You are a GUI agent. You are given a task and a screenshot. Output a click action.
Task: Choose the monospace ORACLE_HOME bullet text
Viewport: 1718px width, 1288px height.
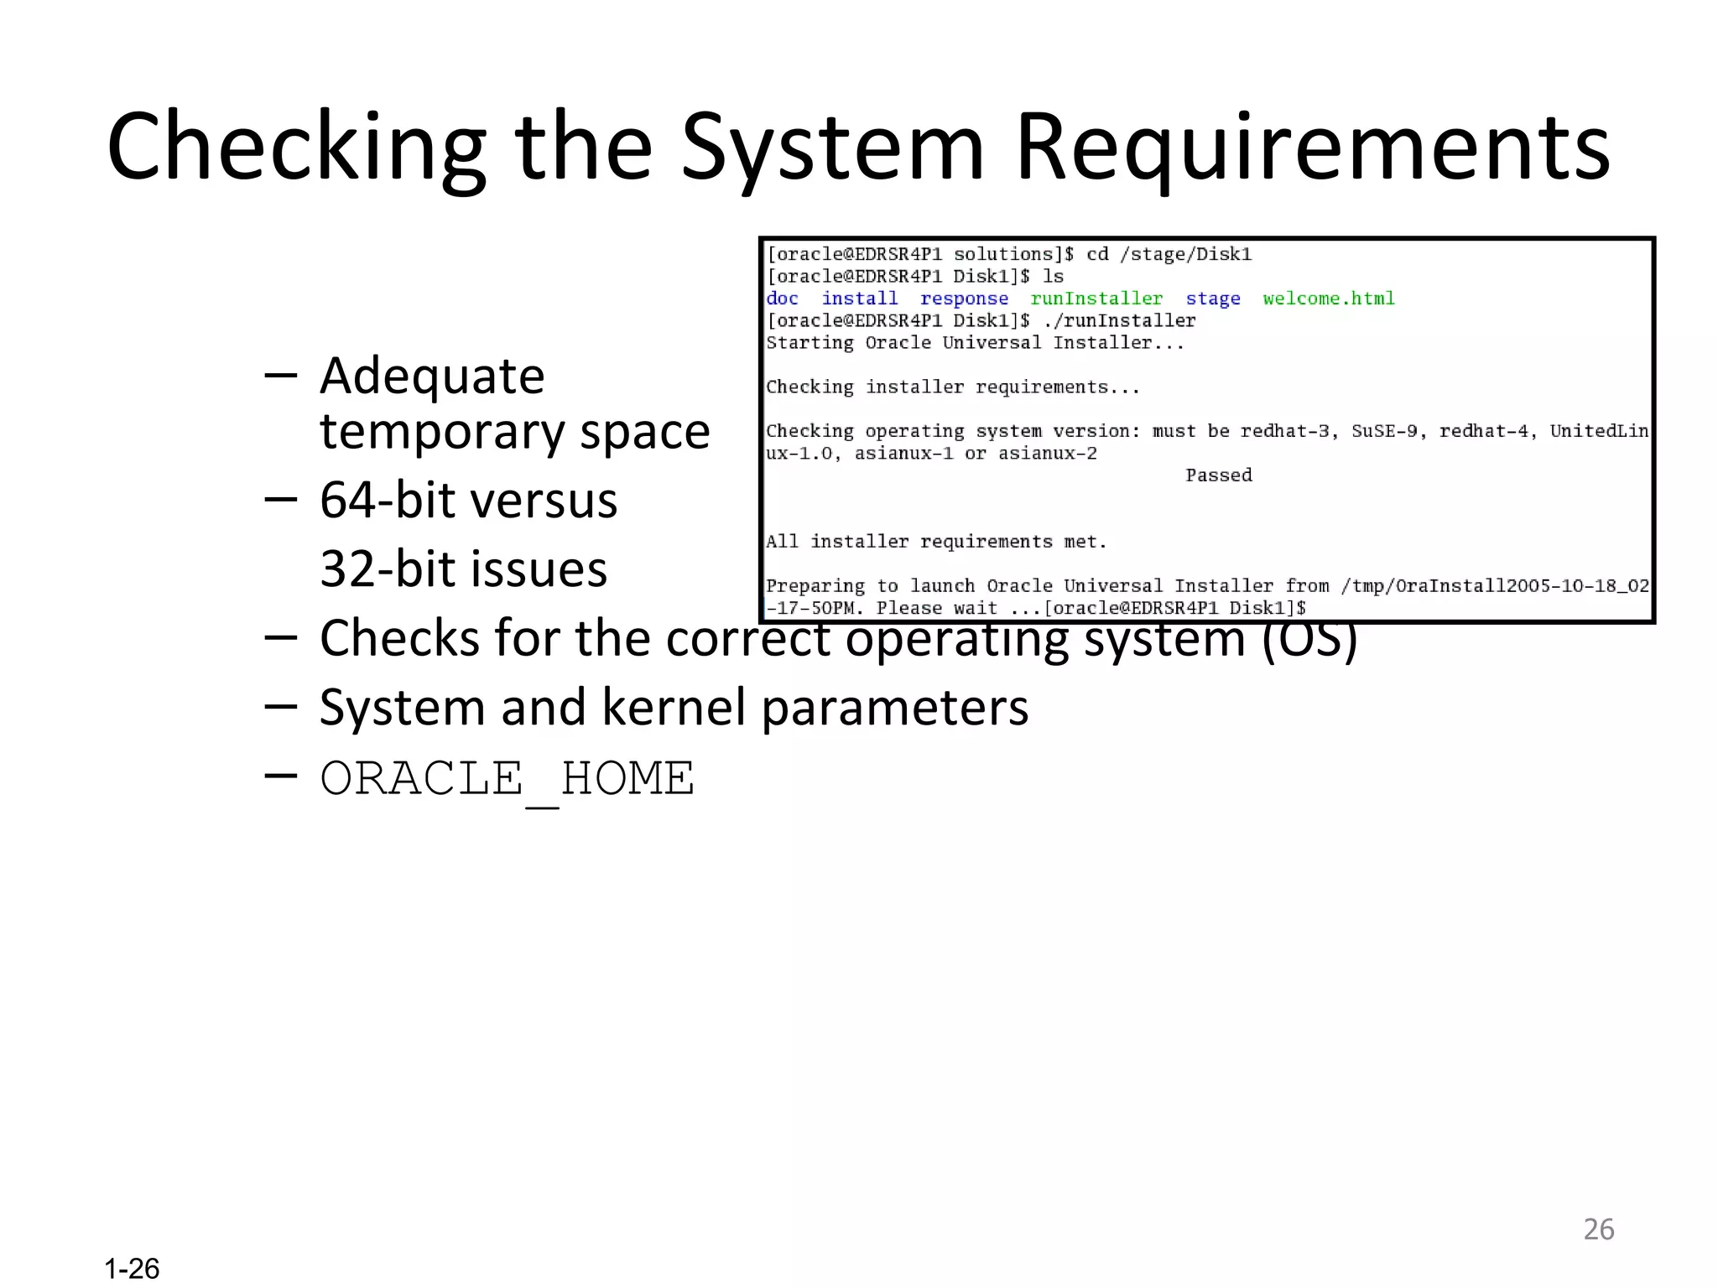click(x=507, y=778)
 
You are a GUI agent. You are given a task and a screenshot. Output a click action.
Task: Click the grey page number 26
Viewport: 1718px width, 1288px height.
click(x=1598, y=1229)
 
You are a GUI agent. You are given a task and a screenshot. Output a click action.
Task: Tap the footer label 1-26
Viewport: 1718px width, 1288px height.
click(x=132, y=1268)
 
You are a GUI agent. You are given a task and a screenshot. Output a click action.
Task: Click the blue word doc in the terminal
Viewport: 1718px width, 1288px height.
click(x=782, y=299)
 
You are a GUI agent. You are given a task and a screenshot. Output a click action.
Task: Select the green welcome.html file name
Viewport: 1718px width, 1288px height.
click(x=1329, y=299)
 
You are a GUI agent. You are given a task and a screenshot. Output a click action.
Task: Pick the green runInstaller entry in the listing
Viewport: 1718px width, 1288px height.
click(x=1096, y=299)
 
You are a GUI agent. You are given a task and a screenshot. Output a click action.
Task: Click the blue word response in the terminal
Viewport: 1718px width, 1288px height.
click(x=964, y=299)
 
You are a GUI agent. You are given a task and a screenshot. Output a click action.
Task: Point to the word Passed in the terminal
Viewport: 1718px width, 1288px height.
click(x=1218, y=475)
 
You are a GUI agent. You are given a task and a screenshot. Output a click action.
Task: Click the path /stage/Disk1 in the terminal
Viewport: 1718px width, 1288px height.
click(x=1185, y=254)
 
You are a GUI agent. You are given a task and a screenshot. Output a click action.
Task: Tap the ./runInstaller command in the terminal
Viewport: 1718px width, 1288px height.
click(x=1119, y=320)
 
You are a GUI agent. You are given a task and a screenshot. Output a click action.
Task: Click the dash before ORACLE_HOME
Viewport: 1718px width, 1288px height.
click(x=280, y=776)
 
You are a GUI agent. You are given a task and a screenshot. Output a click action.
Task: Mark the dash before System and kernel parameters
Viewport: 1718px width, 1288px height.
click(x=280, y=707)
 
